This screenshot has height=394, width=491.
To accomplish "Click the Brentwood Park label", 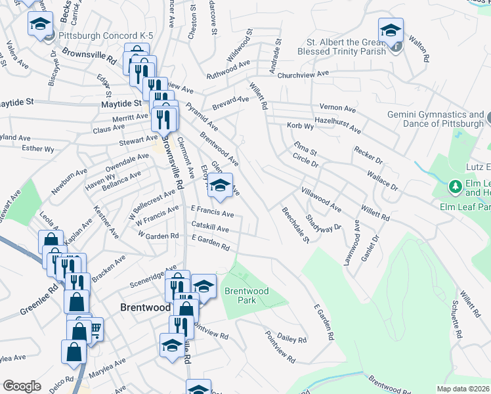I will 246,295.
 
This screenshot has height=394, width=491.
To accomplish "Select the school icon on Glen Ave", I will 221,186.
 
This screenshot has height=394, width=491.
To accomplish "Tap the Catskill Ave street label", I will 210,229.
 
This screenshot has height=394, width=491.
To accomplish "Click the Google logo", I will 22,385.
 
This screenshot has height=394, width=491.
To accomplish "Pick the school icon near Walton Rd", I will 391,30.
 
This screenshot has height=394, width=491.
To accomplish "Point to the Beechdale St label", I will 295,226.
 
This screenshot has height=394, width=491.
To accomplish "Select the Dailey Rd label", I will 292,337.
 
